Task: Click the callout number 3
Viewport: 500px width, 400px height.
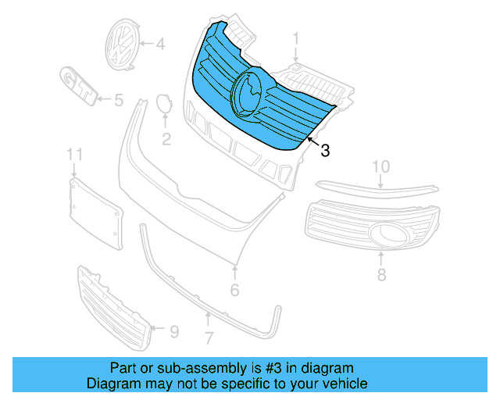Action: pyautogui.click(x=325, y=150)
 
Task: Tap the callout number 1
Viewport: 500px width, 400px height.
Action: pyautogui.click(x=296, y=38)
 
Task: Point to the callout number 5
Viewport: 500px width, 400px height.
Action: pyautogui.click(x=118, y=100)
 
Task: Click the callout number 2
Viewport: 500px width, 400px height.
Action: pyautogui.click(x=166, y=140)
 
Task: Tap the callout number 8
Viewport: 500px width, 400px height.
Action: pyautogui.click(x=381, y=274)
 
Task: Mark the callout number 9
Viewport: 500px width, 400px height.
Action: pyautogui.click(x=173, y=332)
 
